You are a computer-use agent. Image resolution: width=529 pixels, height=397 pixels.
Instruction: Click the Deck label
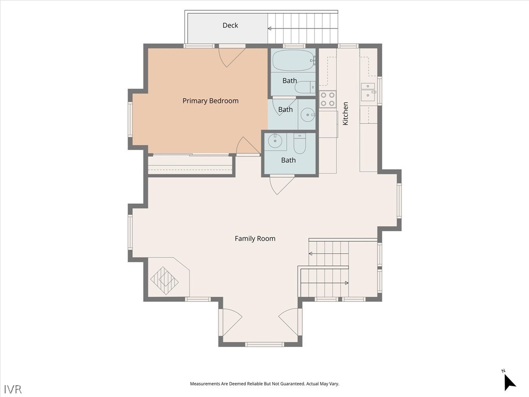tap(230, 25)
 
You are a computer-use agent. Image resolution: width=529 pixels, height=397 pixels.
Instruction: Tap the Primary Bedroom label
tap(211, 101)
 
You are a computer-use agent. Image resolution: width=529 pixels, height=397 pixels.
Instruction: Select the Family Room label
tap(255, 239)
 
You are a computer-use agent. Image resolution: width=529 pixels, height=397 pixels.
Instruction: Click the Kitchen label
tap(346, 114)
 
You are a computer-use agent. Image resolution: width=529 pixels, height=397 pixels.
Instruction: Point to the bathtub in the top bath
tap(293, 61)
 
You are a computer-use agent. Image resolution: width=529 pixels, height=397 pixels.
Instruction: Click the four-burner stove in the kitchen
tap(328, 99)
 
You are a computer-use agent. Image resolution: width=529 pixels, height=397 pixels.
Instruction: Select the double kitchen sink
tap(368, 92)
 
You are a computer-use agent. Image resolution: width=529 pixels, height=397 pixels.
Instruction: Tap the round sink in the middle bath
tap(308, 115)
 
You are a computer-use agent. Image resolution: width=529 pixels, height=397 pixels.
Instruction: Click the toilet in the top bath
tap(305, 87)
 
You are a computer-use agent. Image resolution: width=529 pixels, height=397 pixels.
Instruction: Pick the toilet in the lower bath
tap(299, 144)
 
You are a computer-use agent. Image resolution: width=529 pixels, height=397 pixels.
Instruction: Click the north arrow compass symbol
tap(509, 382)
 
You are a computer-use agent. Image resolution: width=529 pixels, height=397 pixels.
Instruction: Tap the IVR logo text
tap(13, 389)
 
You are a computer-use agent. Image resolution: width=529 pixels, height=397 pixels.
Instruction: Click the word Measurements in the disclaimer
tap(205, 384)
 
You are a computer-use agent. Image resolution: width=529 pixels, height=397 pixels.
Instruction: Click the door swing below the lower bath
tap(282, 186)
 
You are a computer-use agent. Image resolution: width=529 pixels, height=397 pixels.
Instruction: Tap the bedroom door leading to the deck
tap(232, 57)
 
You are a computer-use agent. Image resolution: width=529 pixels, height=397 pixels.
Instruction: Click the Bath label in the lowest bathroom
tap(288, 160)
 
